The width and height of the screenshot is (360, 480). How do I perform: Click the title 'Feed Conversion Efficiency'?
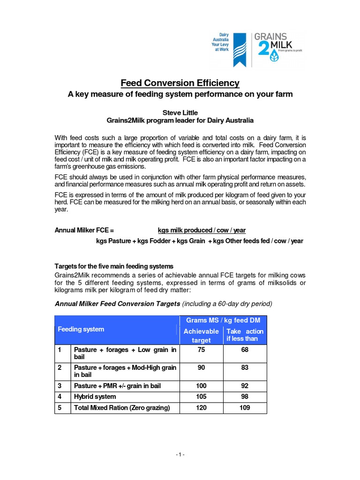coord(180,83)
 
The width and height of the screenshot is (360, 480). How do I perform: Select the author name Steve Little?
coord(180,112)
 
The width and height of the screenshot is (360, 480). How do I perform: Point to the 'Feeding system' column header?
coord(81,330)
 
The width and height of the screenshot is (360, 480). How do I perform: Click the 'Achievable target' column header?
coord(201,336)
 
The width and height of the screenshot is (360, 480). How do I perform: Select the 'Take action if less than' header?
coord(245,335)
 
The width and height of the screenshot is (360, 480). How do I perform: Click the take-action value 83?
coord(245,368)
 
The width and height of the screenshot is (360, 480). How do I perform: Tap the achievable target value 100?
coord(201,386)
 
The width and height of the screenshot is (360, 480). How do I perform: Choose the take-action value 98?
coord(245,397)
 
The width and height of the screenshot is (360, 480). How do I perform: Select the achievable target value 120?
coord(201,408)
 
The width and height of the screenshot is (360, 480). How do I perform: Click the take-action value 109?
coord(245,408)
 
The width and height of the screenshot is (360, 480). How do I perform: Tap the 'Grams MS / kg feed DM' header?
coord(223,320)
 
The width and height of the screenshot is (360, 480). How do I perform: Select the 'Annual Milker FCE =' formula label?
coord(84,230)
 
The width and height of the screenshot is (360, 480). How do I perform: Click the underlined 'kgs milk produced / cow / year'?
coord(202,230)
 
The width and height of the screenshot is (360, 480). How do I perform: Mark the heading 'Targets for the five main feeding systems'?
coord(114,266)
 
